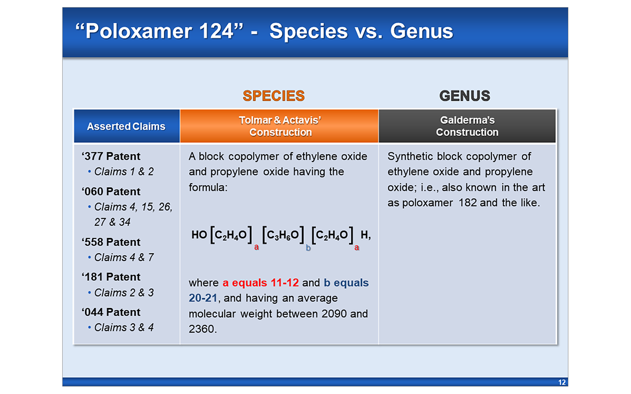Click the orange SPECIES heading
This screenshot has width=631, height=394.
tap(273, 96)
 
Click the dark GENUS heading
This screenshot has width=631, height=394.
tap(465, 96)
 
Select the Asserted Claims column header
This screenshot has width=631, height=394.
tap(126, 126)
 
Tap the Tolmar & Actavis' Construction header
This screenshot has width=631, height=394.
tap(280, 126)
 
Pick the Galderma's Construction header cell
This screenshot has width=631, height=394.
tap(467, 126)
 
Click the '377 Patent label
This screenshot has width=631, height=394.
tap(111, 156)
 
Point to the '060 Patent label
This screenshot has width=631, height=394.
tap(111, 191)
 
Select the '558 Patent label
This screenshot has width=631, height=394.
tap(111, 242)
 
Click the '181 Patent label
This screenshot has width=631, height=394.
tap(111, 277)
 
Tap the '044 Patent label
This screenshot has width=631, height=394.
tap(111, 312)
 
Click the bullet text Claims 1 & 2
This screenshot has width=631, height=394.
tap(124, 172)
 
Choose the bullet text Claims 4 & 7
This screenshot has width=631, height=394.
tap(124, 258)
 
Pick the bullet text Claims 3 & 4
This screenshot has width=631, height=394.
tap(124, 328)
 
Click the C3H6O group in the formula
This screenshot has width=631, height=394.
tap(283, 235)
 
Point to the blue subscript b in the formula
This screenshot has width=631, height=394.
tap(308, 248)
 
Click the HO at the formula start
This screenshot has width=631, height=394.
tap(199, 235)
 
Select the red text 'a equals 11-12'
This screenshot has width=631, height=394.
tap(261, 283)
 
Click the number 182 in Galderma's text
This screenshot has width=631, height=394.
tap(468, 203)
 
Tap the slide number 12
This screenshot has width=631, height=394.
tap(562, 382)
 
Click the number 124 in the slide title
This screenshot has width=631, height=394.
tap(216, 31)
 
